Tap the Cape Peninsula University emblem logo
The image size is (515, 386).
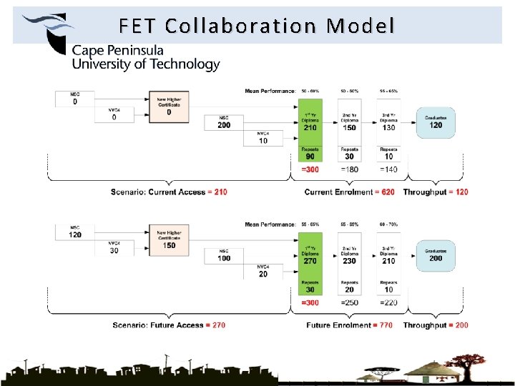coord(47,31)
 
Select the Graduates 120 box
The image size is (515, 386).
coord(436,122)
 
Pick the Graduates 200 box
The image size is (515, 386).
coord(436,255)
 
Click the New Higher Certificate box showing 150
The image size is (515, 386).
coord(170,241)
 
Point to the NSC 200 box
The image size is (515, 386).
coord(224,122)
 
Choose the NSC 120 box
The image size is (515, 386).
coord(75,232)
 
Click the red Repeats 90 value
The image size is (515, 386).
coord(310,157)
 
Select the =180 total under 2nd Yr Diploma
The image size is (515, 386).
coord(349,169)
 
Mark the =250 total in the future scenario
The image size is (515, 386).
coord(349,303)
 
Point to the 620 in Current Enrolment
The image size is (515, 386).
coord(388,192)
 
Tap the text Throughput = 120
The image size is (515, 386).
coord(436,192)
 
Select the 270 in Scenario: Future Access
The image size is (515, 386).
coord(218,325)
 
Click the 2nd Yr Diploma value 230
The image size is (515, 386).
coord(349,262)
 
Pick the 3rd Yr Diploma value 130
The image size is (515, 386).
coord(388,128)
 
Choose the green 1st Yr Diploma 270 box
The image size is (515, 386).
coord(310,257)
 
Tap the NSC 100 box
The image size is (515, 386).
coord(224,256)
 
